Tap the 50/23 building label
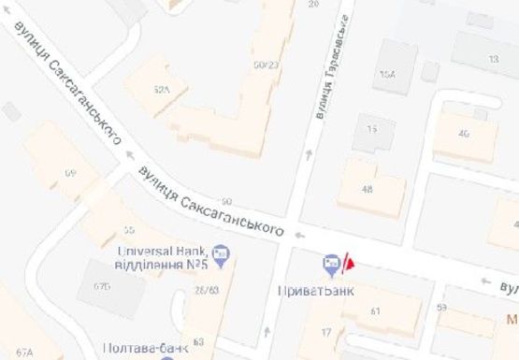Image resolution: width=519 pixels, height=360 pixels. pos(267,65)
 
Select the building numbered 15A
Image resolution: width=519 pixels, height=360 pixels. pos(387,75)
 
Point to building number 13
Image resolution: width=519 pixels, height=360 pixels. pos(493,59)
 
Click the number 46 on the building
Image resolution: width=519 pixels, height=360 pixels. pos(463,133)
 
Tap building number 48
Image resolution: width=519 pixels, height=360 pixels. pos(367,189)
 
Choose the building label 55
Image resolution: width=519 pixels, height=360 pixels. pos(129,229)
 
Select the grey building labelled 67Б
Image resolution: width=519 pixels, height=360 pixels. pos(102,286)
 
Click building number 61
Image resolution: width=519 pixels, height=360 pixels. pos(377,311)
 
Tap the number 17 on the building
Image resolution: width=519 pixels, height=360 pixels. pos(327,333)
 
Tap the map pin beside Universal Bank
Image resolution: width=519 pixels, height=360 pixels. pos(221,252)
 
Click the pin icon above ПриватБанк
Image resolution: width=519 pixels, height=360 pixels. pos(331,266)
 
